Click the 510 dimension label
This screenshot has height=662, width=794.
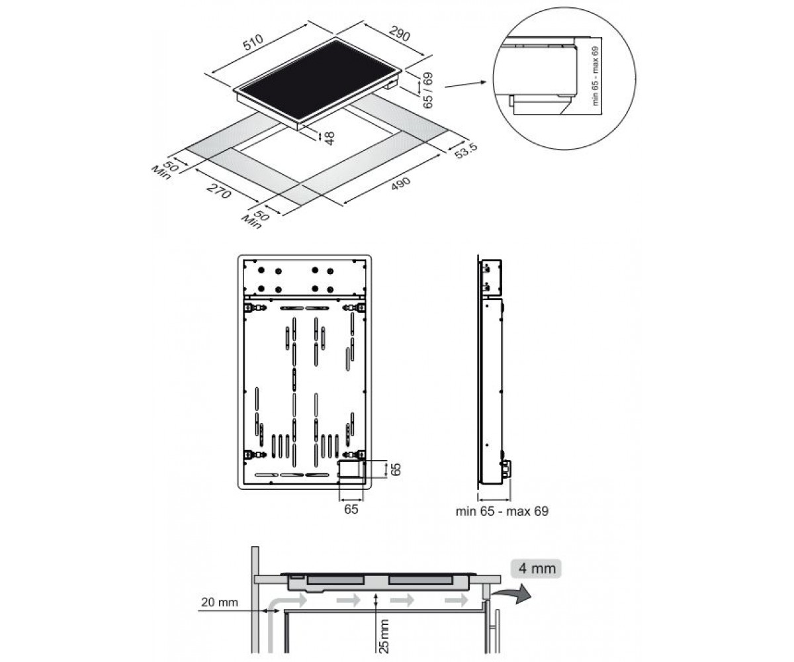[x=253, y=42]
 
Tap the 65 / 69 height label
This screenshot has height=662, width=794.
[x=428, y=90]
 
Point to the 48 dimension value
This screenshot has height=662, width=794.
[x=330, y=138]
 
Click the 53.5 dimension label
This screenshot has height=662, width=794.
[x=466, y=151]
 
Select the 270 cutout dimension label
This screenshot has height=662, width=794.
[x=218, y=191]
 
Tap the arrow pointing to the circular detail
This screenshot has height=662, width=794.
[x=465, y=84]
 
